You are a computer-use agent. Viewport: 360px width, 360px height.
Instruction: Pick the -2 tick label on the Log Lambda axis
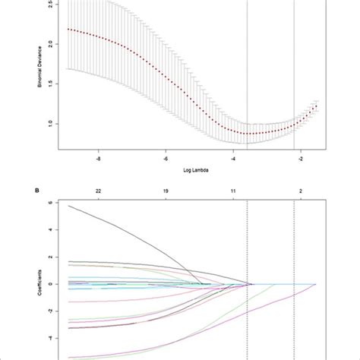coord(299,160)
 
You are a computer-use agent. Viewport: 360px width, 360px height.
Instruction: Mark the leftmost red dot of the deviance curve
coord(68,30)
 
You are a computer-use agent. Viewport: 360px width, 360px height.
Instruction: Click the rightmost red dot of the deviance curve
coord(317,106)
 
